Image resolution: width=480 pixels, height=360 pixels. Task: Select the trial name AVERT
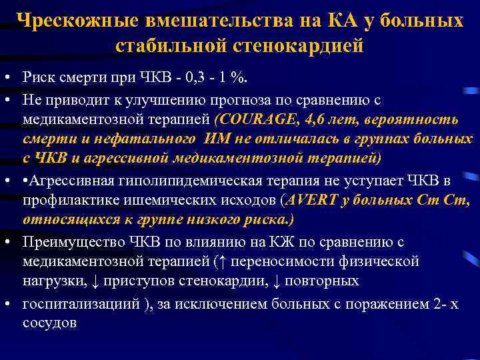[x=307, y=201]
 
